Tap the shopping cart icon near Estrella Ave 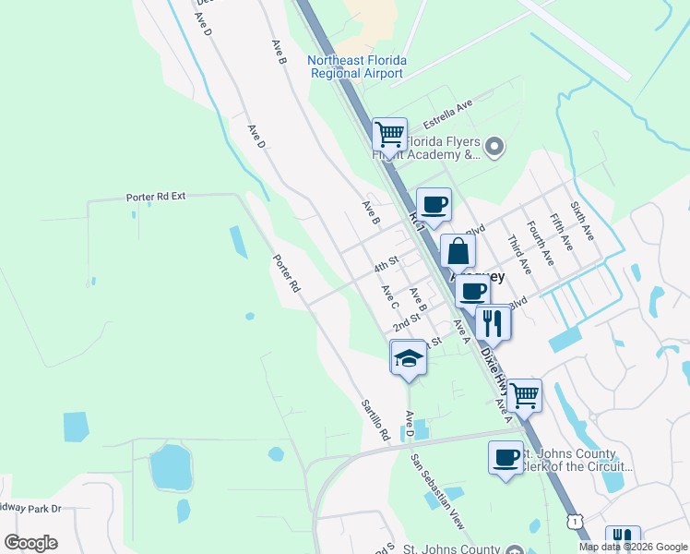click(x=389, y=135)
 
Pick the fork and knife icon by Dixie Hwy click(x=494, y=323)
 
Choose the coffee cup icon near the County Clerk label click(x=506, y=458)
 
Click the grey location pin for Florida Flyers click(x=495, y=146)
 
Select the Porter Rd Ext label click(x=156, y=198)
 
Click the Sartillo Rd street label click(x=376, y=419)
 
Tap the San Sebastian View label click(x=439, y=492)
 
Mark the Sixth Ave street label click(x=583, y=223)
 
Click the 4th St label click(x=385, y=266)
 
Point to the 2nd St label click(x=406, y=322)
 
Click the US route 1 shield click(x=577, y=522)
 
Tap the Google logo click(x=30, y=543)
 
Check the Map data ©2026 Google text click(x=632, y=547)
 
